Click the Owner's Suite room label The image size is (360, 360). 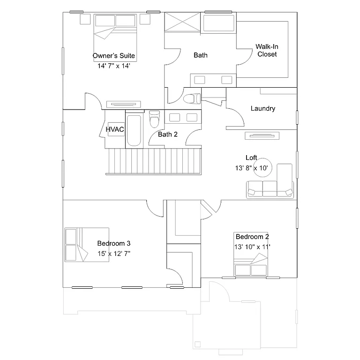coord(114,56)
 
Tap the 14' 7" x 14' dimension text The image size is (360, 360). coord(114,66)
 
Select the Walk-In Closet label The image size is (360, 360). coord(267,50)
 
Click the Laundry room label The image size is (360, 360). coord(262,108)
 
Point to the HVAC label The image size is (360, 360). coord(115,129)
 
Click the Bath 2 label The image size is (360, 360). coord(167,135)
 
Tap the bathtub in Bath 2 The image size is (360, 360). coord(133,130)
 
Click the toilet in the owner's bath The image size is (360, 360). coord(192,99)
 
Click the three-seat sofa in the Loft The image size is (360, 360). coord(270,188)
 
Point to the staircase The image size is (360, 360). coord(155,161)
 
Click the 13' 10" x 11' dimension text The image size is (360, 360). coord(252,247)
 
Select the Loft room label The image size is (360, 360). coord(251,157)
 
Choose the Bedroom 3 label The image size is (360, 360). coord(113,243)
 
